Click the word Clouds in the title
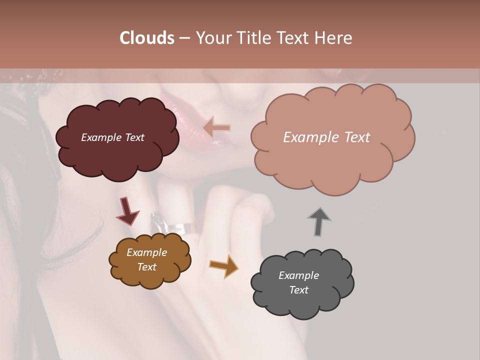[147, 38]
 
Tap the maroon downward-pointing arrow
[127, 210]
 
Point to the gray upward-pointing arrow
[318, 221]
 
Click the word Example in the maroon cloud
[100, 137]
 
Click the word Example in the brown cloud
[147, 253]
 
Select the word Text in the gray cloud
[299, 290]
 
